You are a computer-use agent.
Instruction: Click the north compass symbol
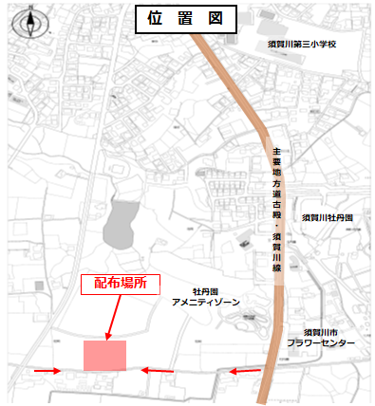(x=31, y=20)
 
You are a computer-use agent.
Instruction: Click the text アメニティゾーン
(x=205, y=302)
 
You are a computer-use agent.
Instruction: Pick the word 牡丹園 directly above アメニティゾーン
(x=205, y=291)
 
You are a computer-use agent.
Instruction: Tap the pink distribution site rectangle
(x=104, y=357)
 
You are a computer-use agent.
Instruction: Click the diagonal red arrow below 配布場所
(x=113, y=316)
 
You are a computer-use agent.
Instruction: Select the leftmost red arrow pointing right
(x=46, y=371)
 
